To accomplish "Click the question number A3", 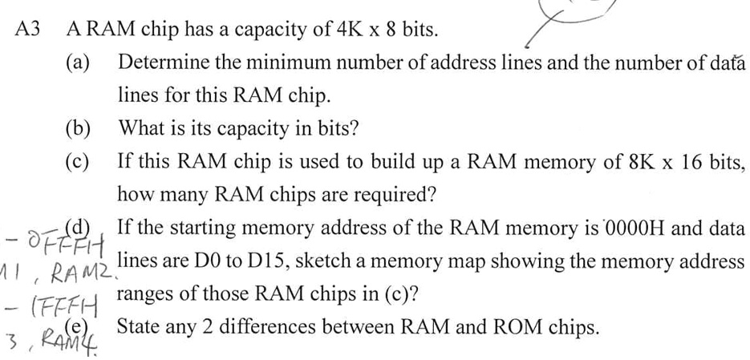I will pyautogui.click(x=27, y=30).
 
